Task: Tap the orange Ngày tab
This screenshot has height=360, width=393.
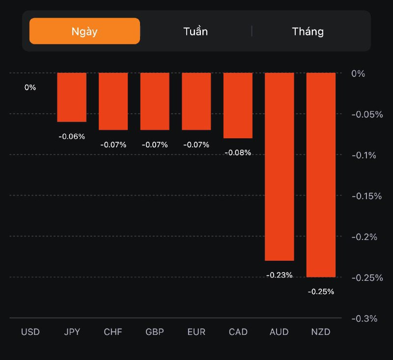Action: pyautogui.click(x=84, y=31)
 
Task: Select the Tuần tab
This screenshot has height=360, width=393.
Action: pyautogui.click(x=196, y=31)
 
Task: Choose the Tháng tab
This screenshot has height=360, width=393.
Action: pyautogui.click(x=308, y=31)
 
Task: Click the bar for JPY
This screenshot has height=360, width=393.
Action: pyautogui.click(x=72, y=97)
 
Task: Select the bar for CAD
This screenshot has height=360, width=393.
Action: pyautogui.click(x=238, y=106)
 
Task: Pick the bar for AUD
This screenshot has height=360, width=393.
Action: pyautogui.click(x=280, y=167)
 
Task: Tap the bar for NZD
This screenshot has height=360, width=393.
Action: pyautogui.click(x=321, y=175)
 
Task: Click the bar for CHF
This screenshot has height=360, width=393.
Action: pyautogui.click(x=113, y=101)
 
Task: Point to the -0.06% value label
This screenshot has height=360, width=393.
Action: pyautogui.click(x=72, y=136)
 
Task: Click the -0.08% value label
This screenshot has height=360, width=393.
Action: pyautogui.click(x=238, y=152)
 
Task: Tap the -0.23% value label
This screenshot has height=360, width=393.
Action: pyautogui.click(x=279, y=275)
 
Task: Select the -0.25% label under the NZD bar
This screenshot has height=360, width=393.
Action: pyautogui.click(x=321, y=291)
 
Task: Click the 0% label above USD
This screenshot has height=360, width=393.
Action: pyautogui.click(x=30, y=88)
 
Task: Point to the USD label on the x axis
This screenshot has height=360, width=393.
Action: pyautogui.click(x=30, y=332)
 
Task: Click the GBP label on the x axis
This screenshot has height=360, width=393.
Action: pyautogui.click(x=155, y=332)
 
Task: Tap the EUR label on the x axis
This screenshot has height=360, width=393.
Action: pyautogui.click(x=196, y=332)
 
